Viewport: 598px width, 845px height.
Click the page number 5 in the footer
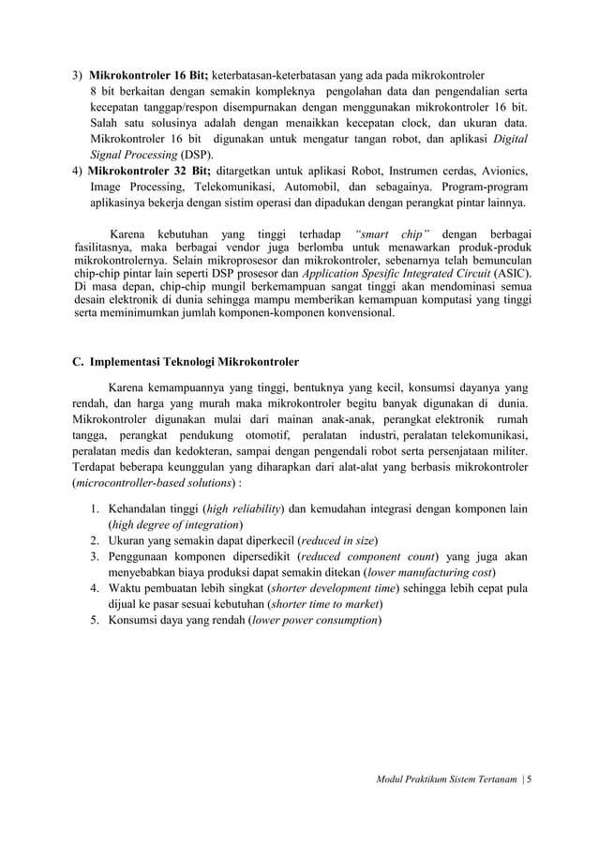[x=528, y=778]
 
